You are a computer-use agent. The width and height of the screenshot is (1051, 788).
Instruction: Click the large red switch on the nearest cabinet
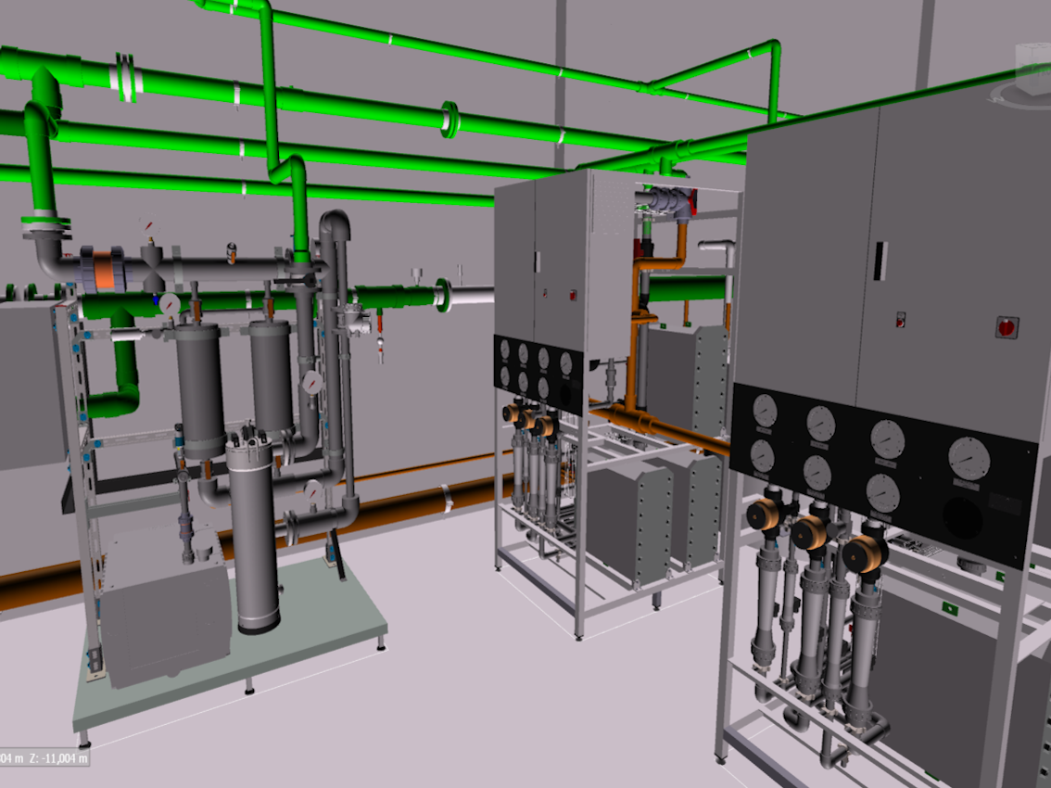coord(1007,327)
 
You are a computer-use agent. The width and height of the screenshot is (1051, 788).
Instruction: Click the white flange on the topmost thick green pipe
coord(127,77)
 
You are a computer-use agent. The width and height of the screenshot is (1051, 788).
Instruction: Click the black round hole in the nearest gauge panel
coord(963,517)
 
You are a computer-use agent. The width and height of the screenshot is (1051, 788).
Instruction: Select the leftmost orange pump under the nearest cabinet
coord(764,515)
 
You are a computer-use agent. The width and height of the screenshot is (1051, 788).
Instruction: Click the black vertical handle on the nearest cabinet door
coord(880,261)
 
